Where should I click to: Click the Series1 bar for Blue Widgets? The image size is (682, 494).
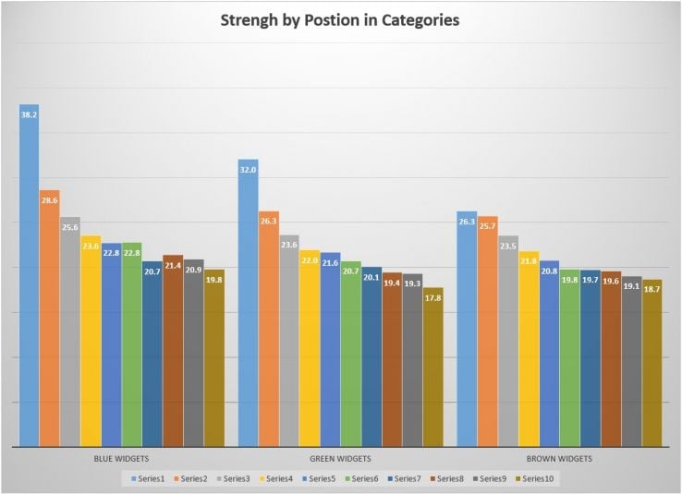(30, 277)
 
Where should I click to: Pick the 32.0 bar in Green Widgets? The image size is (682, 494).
(248, 305)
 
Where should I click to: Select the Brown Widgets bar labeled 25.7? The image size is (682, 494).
(488, 332)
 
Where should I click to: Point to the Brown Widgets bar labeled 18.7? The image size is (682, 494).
(652, 364)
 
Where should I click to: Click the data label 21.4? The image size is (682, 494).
(173, 265)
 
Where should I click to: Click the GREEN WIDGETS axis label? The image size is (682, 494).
(341, 459)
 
